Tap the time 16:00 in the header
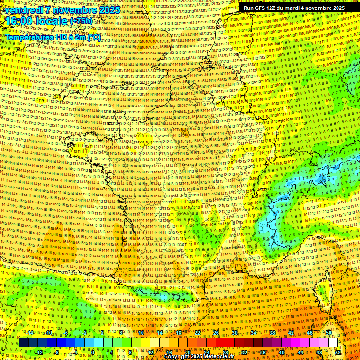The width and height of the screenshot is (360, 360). (21, 21)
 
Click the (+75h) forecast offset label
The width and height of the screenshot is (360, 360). (81, 21)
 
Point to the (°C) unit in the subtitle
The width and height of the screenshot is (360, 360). (93, 37)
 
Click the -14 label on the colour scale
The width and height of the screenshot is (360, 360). (30, 333)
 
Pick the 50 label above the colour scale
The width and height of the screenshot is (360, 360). (329, 333)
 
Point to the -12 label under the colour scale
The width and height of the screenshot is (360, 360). (39, 352)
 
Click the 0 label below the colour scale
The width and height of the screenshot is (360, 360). (93, 352)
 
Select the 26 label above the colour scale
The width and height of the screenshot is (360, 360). (216, 333)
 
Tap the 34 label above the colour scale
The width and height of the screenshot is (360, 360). (254, 333)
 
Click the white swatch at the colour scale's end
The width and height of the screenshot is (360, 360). (333, 343)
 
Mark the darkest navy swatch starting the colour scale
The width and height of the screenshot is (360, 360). (24, 343)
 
